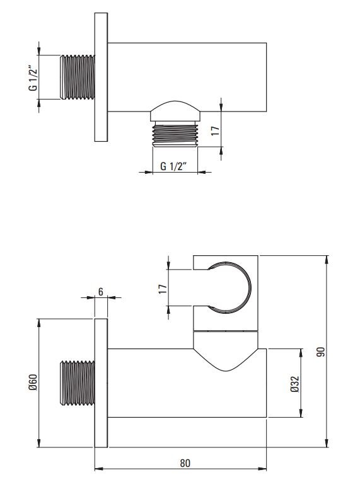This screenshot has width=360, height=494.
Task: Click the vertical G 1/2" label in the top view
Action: pyautogui.click(x=33, y=78)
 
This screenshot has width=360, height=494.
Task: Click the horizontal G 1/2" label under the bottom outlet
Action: pyautogui.click(x=174, y=166)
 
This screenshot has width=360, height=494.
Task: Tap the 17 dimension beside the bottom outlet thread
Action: pyautogui.click(x=215, y=130)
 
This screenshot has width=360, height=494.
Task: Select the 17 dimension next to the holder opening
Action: pyautogui.click(x=163, y=289)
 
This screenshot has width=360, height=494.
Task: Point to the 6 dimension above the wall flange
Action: pyautogui.click(x=101, y=292)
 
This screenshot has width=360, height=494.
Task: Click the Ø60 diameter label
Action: pyautogui.click(x=33, y=382)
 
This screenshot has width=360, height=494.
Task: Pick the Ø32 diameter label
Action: pyautogui.click(x=295, y=384)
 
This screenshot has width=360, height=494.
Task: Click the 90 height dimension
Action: pyautogui.click(x=320, y=352)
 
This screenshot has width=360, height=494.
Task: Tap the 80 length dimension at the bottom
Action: pyautogui.click(x=185, y=463)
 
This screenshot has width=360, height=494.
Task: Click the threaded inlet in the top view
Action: pyautogui.click(x=77, y=78)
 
